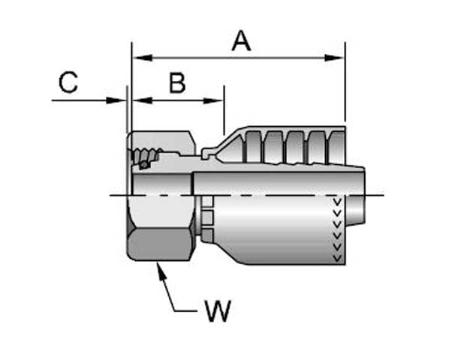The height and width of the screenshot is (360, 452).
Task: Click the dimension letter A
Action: (240, 40)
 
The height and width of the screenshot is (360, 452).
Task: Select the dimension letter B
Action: (177, 82)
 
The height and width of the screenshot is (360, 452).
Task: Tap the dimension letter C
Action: (68, 82)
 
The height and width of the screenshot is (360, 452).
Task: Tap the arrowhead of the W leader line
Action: (159, 269)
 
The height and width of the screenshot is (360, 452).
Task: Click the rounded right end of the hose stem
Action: (359, 196)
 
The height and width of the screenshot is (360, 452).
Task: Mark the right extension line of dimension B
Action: (224, 109)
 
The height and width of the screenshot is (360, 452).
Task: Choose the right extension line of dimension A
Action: (345, 82)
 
